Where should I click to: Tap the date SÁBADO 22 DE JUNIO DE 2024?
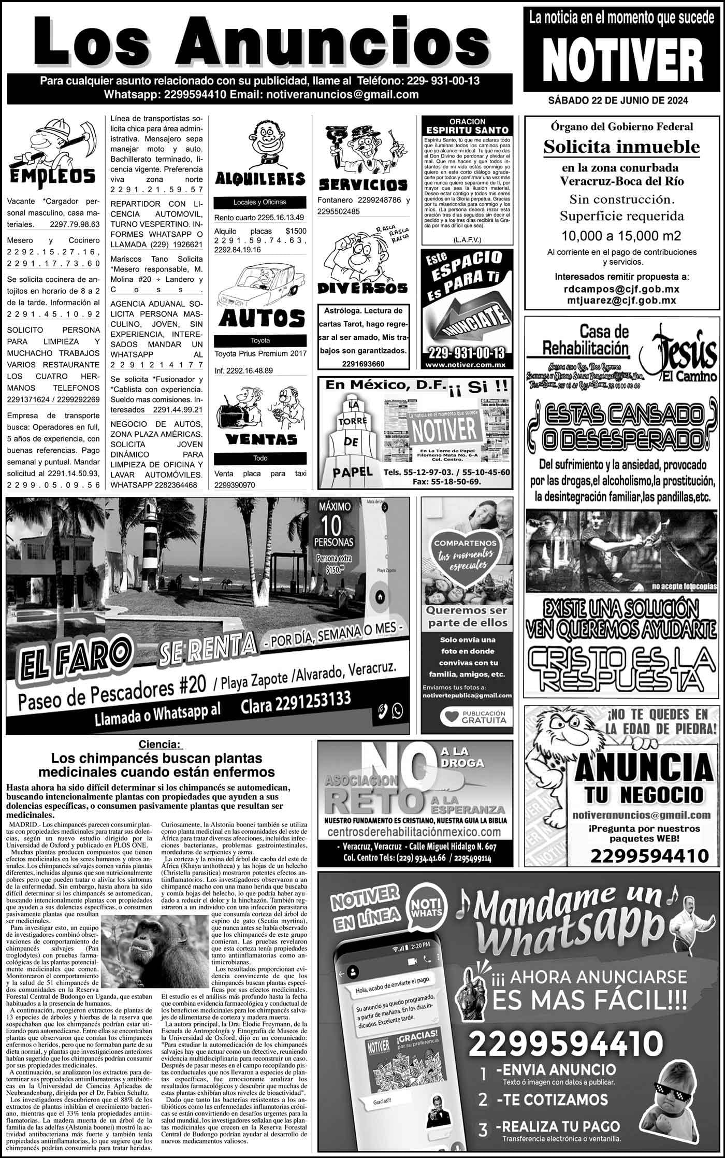618,101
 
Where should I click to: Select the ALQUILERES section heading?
260,179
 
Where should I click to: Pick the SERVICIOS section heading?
363,184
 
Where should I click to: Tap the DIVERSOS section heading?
363,288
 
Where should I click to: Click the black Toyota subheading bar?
260,340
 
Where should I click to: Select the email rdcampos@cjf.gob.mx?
621,289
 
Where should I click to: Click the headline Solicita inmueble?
621,147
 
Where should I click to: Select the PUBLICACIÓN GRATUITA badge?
473,717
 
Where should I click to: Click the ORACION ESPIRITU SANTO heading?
467,126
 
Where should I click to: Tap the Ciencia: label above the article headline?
161,745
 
